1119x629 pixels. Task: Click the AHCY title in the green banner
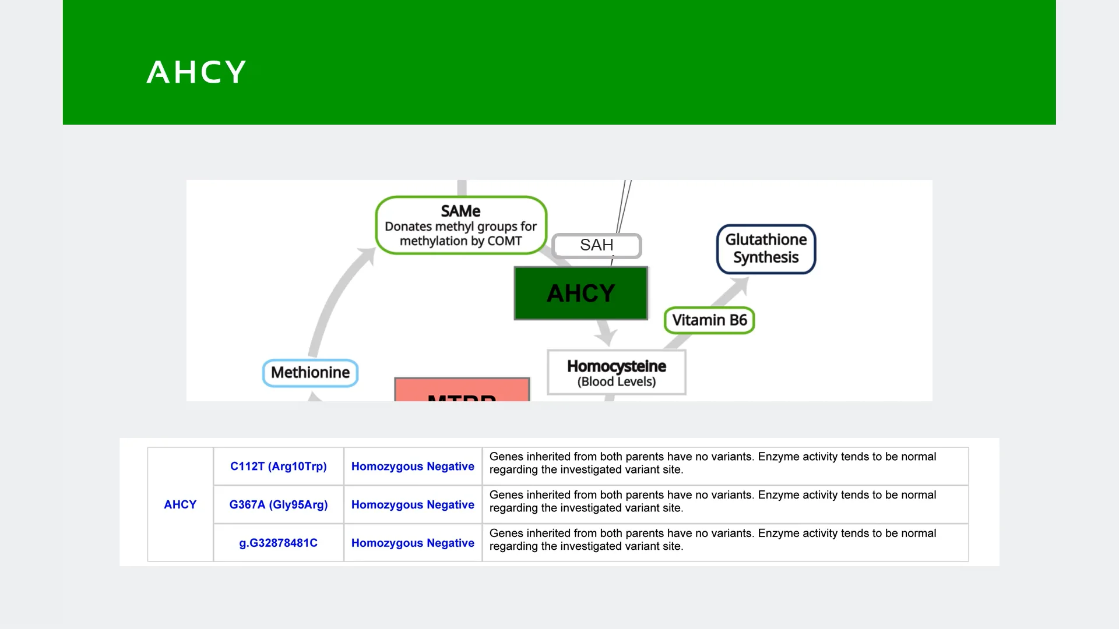tap(196, 72)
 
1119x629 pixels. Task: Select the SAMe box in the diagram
tap(460, 225)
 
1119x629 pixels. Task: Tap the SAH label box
tap(596, 245)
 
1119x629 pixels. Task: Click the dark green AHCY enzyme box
tap(580, 293)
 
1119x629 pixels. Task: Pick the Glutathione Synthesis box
tap(765, 249)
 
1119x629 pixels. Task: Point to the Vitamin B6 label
tap(709, 320)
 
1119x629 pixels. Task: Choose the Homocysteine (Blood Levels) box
tap(616, 373)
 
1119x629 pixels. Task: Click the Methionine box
tap(310, 373)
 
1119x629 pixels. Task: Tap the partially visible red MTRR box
tap(462, 391)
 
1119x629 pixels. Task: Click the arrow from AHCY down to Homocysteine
tap(606, 335)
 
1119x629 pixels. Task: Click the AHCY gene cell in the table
tap(180, 504)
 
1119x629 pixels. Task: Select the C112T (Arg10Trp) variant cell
tap(278, 467)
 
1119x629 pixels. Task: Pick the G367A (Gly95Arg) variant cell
tap(278, 504)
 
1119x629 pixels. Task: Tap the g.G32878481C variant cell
tap(278, 543)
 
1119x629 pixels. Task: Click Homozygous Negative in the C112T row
tap(413, 467)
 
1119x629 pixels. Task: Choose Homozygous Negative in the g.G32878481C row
tap(413, 543)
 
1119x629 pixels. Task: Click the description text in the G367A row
tap(712, 501)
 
